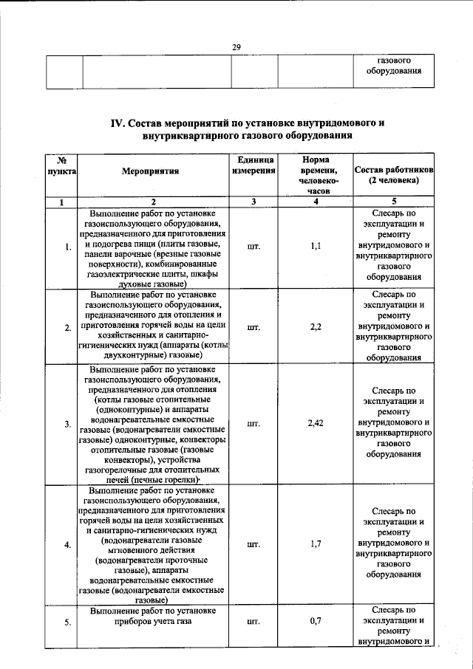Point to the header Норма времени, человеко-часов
316,176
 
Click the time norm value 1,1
316,247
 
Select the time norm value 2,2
316,327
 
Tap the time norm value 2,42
316,424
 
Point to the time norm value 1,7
316,545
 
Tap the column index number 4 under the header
316,202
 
